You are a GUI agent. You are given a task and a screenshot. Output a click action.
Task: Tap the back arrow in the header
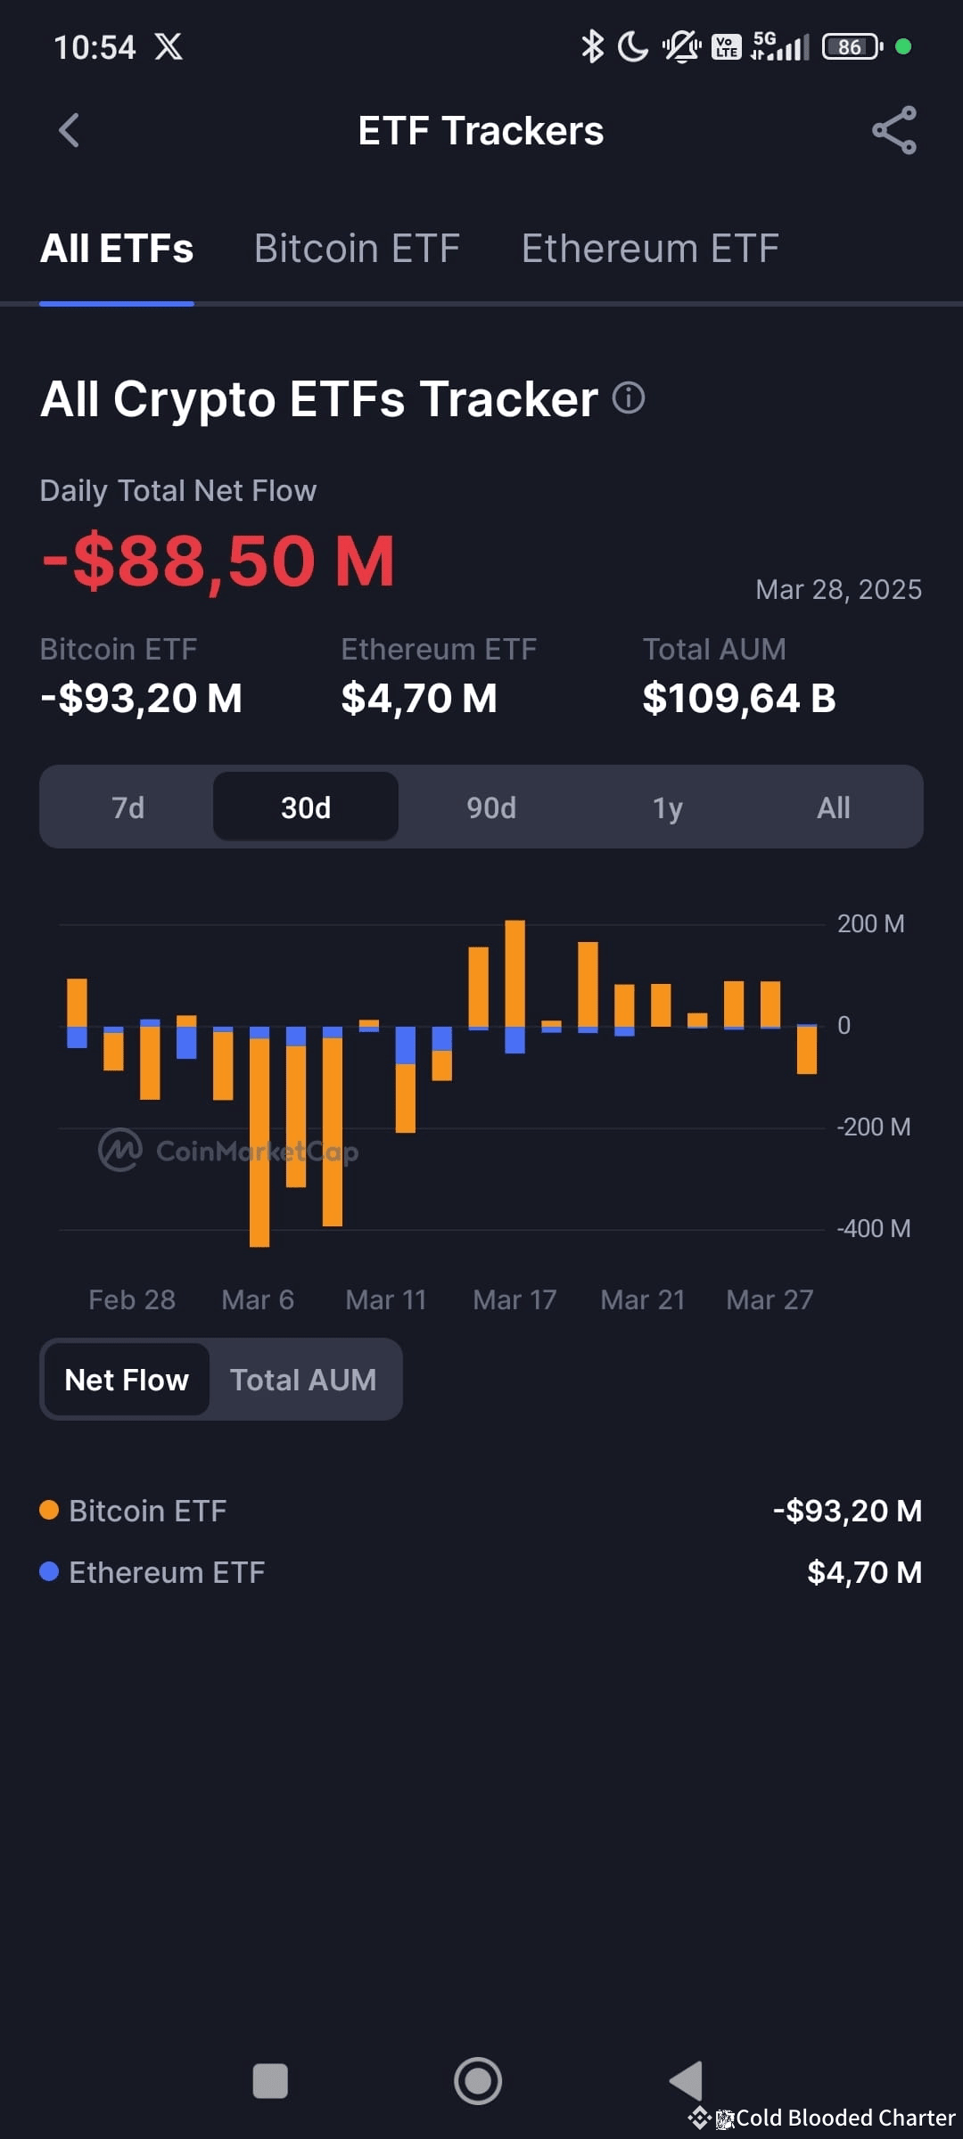[x=69, y=130]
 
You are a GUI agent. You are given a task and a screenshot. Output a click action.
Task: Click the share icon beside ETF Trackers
[x=894, y=130]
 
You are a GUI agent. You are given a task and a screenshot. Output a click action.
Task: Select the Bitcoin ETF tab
[x=357, y=249]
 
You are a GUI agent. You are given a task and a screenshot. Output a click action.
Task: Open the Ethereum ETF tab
[x=650, y=249]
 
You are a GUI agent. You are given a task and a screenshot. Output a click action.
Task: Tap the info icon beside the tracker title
[x=629, y=397]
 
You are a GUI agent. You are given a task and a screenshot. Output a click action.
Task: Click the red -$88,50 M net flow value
[x=218, y=561]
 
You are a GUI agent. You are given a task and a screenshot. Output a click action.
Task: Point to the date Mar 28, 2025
[x=838, y=589]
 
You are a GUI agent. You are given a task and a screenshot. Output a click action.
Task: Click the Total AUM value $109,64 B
[x=739, y=698]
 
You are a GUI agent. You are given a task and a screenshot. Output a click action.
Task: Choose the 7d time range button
[x=128, y=807]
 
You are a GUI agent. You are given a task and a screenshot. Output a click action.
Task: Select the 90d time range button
[x=491, y=807]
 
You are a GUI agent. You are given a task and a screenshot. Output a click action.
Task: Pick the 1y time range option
[x=667, y=807]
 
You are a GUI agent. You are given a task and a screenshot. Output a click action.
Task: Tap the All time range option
[x=834, y=807]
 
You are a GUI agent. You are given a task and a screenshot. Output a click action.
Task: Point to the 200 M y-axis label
[x=870, y=924]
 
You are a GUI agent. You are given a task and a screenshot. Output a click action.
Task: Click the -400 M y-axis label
[x=873, y=1229]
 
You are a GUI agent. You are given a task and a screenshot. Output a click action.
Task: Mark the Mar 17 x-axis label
[x=514, y=1299]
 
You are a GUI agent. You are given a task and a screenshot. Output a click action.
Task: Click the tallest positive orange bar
[x=514, y=973]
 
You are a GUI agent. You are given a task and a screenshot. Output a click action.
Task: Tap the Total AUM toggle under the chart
[x=303, y=1380]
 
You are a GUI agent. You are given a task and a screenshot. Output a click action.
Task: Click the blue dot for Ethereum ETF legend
[x=49, y=1571]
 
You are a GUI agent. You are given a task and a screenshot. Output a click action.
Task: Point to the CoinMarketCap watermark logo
[x=120, y=1151]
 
